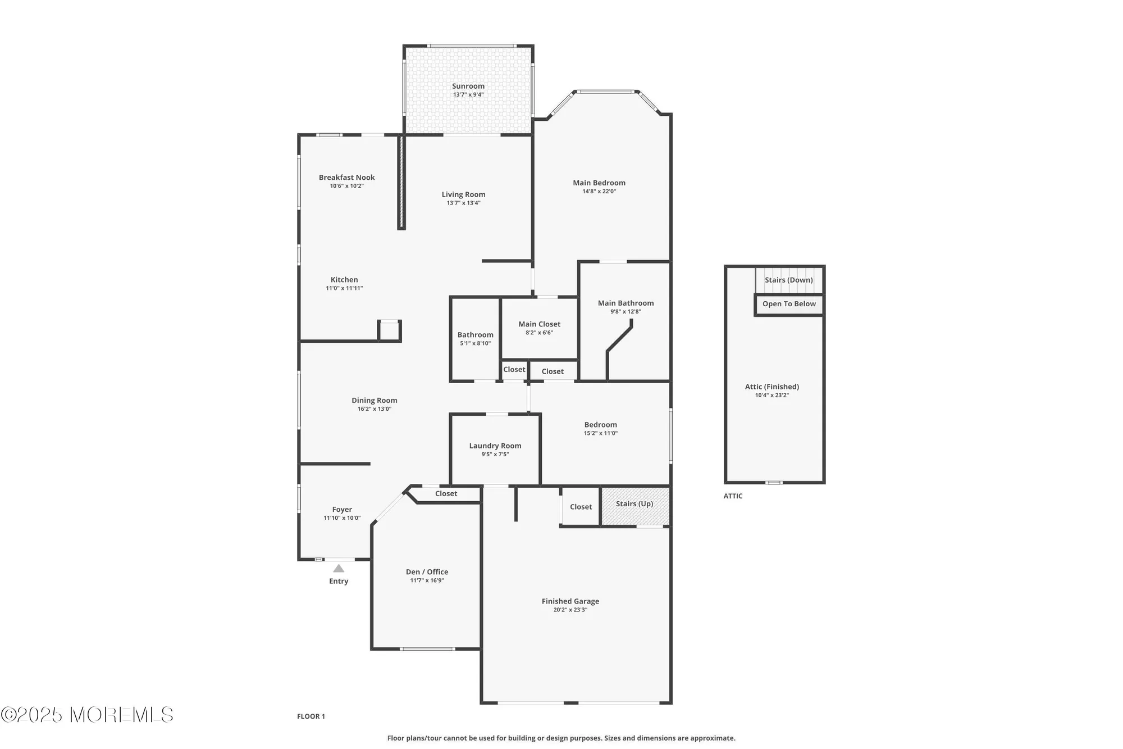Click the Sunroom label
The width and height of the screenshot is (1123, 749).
[x=468, y=86]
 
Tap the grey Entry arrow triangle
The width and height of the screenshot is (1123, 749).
[x=339, y=569]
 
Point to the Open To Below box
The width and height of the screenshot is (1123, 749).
[x=789, y=304]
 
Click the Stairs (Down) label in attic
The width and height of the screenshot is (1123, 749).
[x=788, y=280]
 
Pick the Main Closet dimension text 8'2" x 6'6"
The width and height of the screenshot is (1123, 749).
[x=539, y=333]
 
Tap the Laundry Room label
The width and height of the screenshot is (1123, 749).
[x=495, y=446]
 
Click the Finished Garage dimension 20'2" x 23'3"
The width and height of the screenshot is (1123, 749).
[x=570, y=610]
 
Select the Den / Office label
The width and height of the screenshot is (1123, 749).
[x=427, y=572]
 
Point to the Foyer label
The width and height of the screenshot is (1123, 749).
[x=342, y=510]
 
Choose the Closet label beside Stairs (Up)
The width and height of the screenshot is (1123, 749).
[x=581, y=507]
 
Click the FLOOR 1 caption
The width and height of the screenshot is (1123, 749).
[x=311, y=716]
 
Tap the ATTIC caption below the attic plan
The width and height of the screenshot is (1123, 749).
[x=733, y=496]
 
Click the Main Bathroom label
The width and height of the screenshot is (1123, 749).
[x=626, y=303]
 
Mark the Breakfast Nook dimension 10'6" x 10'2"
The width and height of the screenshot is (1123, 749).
[x=346, y=186]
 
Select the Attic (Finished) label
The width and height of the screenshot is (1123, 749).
[x=772, y=387]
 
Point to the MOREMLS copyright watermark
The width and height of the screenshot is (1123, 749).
[x=87, y=715]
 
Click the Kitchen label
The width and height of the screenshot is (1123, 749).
[x=344, y=280]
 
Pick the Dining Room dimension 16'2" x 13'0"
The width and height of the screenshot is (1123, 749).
[x=374, y=409]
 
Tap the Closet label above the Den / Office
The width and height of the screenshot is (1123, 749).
[x=446, y=494]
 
